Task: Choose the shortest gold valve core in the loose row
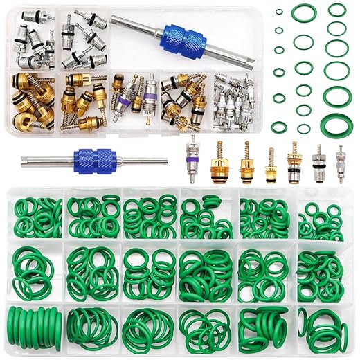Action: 270,163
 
